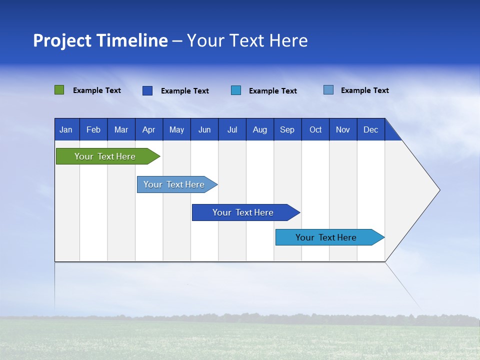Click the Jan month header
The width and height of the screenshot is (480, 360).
[66, 129]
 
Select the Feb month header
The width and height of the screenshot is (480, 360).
[93, 129]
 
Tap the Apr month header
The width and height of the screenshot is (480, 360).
[148, 129]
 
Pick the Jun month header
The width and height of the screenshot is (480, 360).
[204, 129]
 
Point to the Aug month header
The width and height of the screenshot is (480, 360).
[260, 129]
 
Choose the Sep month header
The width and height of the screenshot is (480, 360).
[287, 129]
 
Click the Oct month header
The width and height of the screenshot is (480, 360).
[315, 129]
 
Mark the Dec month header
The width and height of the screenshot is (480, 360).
[370, 129]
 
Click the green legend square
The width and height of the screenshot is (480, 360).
[59, 90]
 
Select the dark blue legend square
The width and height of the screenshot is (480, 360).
[147, 90]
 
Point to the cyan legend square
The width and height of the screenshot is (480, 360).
[236, 90]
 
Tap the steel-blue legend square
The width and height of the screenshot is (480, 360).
[328, 90]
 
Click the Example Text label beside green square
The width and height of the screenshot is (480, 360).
[97, 90]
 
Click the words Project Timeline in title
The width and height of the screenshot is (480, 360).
[100, 40]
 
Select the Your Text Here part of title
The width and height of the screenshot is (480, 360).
[247, 40]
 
